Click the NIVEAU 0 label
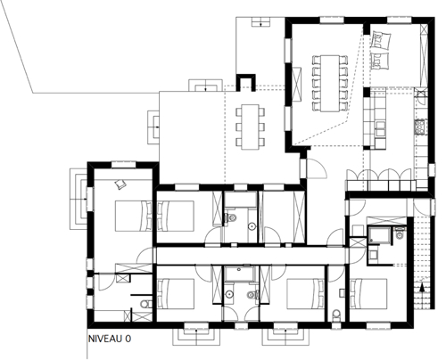pos(110,339)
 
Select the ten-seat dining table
pos(330,83)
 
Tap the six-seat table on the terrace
pos(250,127)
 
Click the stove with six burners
pos(420,127)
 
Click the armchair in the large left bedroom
pos(120,184)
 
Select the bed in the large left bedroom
pos(134,216)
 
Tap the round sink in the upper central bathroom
pos(252,226)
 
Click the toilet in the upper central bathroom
pos(230,217)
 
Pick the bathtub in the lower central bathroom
pos(240,274)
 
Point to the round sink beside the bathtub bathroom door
pos(229,294)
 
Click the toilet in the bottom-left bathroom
pos(145,305)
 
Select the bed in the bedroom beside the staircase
pos(368,294)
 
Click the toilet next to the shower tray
pos(401,233)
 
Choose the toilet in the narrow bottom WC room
pos(336,315)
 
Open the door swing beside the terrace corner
pos(317,168)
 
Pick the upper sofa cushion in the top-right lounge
pos(381,40)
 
